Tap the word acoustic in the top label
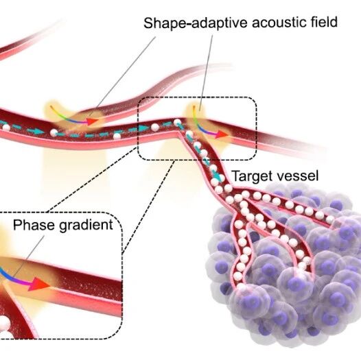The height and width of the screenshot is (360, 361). click(x=279, y=22)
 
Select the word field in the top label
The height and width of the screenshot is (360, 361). click(x=323, y=22)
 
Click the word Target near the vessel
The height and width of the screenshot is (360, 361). click(x=251, y=176)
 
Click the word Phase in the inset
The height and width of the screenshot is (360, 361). click(x=34, y=224)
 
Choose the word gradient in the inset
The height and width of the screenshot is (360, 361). click(x=86, y=226)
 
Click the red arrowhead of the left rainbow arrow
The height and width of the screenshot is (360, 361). click(x=93, y=121)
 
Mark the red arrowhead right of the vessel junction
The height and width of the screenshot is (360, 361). click(x=222, y=134)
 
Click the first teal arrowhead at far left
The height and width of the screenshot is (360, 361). click(x=38, y=132)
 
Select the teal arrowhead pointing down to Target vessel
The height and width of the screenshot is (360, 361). click(x=218, y=176)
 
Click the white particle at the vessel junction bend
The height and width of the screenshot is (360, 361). click(x=177, y=122)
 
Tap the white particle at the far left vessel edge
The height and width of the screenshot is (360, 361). click(x=5, y=128)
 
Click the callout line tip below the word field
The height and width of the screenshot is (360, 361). click(x=200, y=110)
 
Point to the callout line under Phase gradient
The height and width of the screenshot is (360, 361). click(x=27, y=256)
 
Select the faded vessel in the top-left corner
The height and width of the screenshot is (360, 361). click(x=27, y=39)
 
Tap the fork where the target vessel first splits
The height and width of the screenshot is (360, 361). click(x=232, y=191)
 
